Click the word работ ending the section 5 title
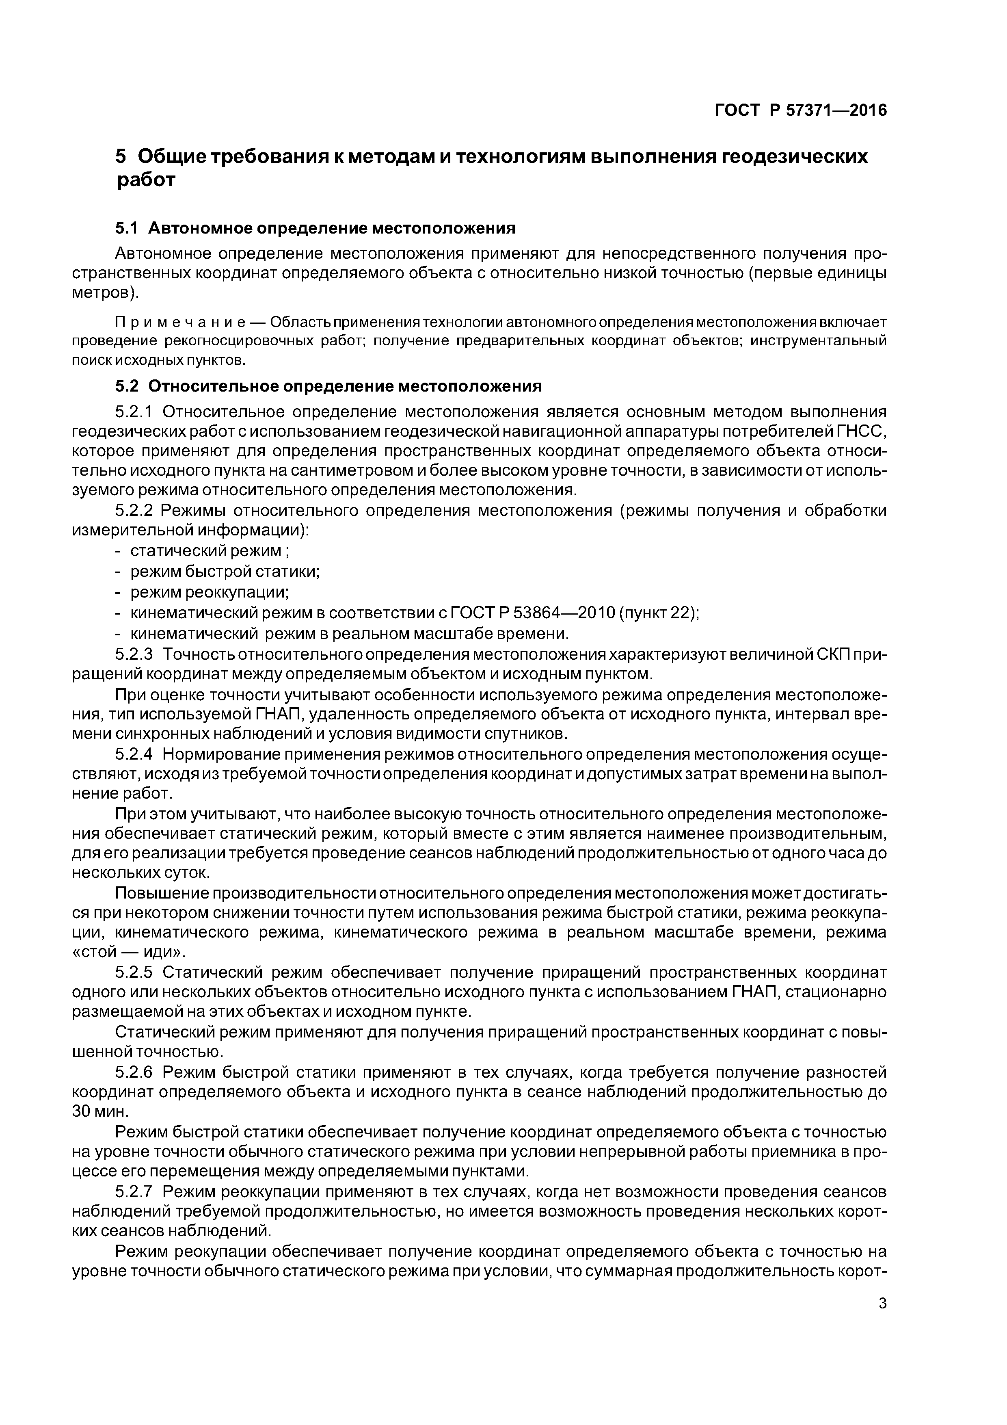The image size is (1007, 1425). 147,181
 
